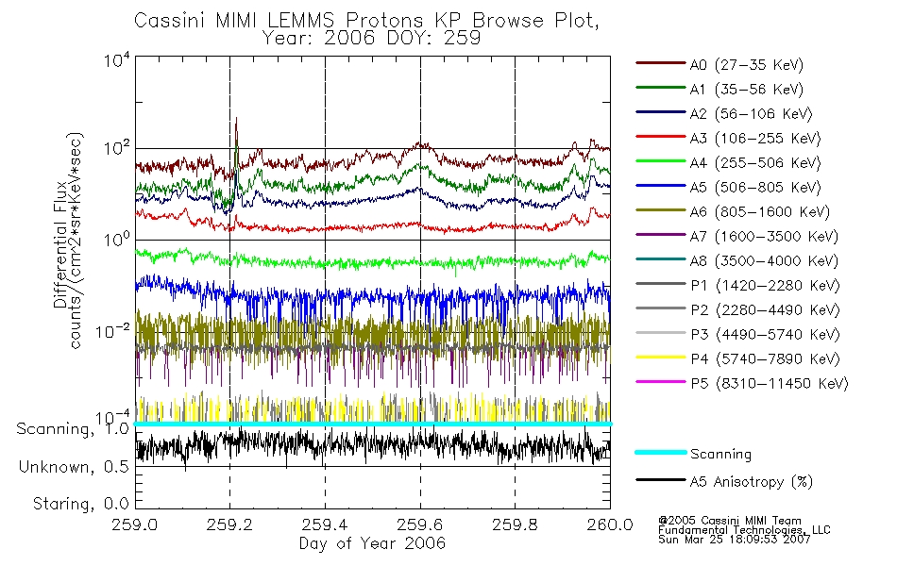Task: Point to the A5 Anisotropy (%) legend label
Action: (751, 482)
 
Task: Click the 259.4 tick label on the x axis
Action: (325, 525)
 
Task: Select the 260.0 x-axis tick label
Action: (610, 525)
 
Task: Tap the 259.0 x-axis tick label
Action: (135, 525)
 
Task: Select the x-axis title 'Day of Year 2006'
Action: (372, 543)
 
